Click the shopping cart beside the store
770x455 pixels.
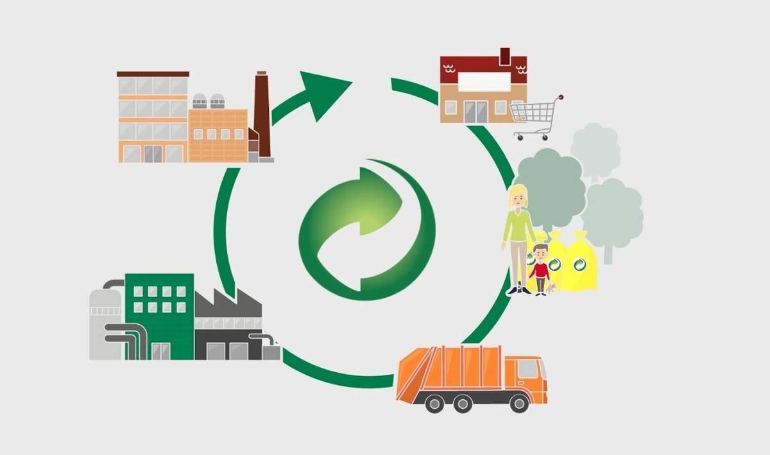535,116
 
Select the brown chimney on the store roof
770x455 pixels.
504,56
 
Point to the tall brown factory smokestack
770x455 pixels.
262,112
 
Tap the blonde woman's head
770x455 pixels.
517,196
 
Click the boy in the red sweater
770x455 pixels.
540,270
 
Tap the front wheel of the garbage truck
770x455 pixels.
518,402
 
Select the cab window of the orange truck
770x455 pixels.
527,368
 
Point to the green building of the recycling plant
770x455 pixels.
160,314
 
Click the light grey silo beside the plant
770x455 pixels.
105,321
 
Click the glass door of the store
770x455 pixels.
475,112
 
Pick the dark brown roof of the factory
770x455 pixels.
153,74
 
